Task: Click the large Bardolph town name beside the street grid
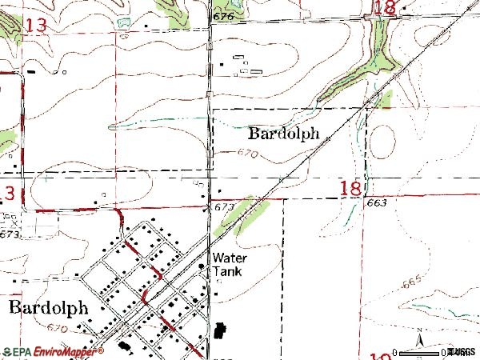pos(48,309)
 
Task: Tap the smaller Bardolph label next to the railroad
pos(285,134)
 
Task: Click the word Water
pos(230,258)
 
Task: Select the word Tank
pos(226,271)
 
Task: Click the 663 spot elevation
pos(378,203)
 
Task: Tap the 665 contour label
pos(412,282)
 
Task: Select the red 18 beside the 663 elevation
pos(350,189)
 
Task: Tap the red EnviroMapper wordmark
pos(66,350)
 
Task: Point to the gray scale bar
pos(432,349)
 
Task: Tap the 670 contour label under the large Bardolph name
pos(57,329)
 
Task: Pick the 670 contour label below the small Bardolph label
pos(247,154)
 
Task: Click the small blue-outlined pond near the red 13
pos(122,22)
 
